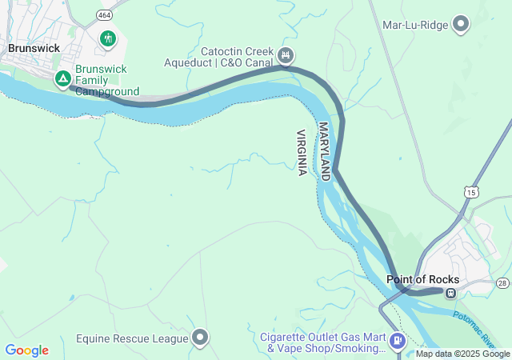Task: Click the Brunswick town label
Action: pos(34,48)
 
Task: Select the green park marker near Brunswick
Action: pos(108,38)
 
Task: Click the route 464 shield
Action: pos(105,14)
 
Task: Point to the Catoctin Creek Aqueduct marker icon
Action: pos(286,56)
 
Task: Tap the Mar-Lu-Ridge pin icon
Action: pos(461,25)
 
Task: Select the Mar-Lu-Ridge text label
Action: pos(416,25)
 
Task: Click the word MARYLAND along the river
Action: pos(324,151)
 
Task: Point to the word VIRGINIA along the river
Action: pos(302,153)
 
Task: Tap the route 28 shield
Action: pos(502,283)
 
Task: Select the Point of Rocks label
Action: pos(422,279)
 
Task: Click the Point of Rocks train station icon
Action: pos(451,293)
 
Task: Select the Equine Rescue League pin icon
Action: pos(199,338)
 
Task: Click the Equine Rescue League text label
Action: pos(132,338)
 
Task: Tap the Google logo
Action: pos(26,350)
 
